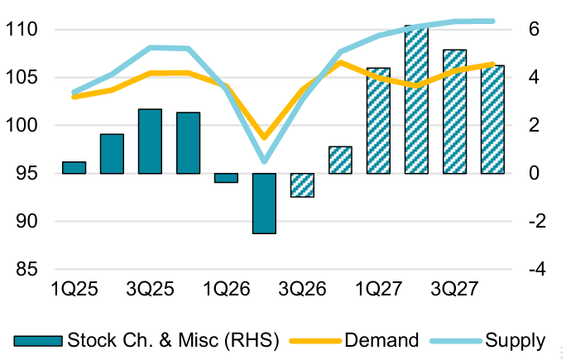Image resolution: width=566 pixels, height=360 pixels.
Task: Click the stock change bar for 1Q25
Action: tap(74, 167)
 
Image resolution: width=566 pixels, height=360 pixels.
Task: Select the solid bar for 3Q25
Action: tap(150, 142)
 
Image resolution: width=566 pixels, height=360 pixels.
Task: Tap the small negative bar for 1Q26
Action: tap(227, 178)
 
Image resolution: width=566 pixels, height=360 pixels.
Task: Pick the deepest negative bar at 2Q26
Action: tap(264, 204)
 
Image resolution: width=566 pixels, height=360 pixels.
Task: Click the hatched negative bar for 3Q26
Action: tap(302, 185)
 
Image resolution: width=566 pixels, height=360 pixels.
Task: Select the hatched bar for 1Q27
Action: tap(378, 121)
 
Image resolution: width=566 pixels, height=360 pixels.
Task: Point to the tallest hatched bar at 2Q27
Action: tap(416, 99)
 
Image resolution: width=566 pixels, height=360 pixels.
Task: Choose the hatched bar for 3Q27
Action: tap(454, 112)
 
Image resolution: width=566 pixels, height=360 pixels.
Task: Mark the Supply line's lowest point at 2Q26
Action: tap(265, 161)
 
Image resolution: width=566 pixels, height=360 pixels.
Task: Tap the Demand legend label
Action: tap(381, 340)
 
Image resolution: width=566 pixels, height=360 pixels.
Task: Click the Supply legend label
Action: tap(515, 340)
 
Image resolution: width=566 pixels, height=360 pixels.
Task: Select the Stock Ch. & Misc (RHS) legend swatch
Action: tap(38, 341)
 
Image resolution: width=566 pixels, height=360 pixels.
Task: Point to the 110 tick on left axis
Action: tap(22, 29)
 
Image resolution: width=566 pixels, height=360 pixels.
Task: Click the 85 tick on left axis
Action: tap(26, 269)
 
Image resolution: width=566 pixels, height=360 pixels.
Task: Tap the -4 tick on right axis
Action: tap(537, 269)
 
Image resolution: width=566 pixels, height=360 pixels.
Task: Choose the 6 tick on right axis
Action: tap(535, 29)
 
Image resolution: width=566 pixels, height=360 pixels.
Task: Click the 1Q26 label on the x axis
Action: tap(227, 289)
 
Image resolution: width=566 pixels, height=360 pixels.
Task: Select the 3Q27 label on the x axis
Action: tap(454, 289)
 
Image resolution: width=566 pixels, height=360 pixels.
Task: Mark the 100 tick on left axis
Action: tap(22, 125)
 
